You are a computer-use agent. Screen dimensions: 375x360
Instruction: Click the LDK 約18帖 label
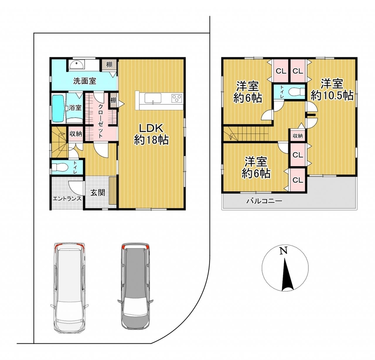click(151, 134)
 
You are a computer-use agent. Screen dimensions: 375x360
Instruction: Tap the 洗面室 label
click(85, 81)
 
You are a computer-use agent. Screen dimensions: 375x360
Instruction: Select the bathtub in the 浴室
click(58, 108)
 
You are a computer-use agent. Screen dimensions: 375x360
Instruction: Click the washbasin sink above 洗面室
click(76, 64)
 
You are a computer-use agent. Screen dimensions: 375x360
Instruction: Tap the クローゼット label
click(101, 121)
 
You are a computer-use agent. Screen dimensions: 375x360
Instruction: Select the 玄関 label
click(97, 192)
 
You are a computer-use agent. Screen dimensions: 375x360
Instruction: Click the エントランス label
click(67, 199)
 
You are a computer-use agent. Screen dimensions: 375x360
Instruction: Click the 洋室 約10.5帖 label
click(332, 90)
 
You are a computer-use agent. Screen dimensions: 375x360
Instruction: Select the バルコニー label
click(264, 201)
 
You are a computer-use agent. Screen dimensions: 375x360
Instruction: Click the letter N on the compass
click(284, 251)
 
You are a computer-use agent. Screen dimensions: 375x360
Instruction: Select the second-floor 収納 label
click(298, 136)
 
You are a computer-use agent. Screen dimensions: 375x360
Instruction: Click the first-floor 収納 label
click(75, 134)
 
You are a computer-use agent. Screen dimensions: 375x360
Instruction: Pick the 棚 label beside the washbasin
click(109, 64)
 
